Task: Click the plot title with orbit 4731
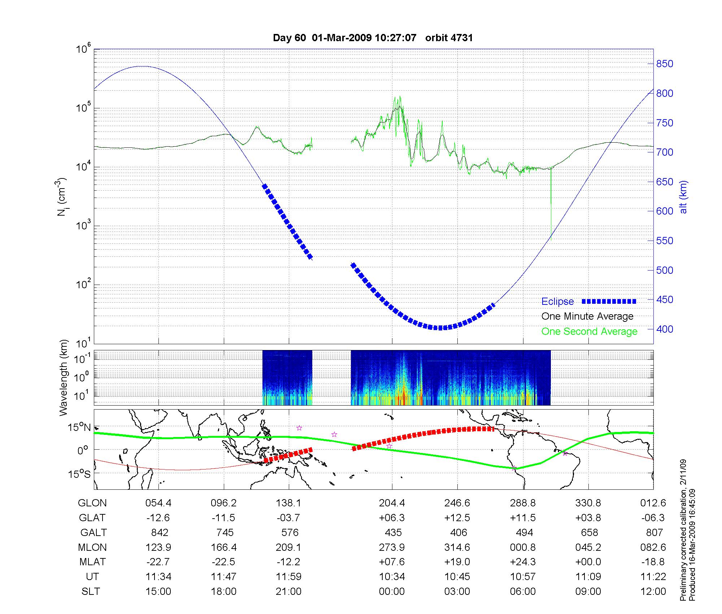pyautogui.click(x=373, y=38)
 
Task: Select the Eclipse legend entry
pyautogui.click(x=557, y=302)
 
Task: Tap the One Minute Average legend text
pyautogui.click(x=587, y=316)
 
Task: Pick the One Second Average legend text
pyautogui.click(x=589, y=332)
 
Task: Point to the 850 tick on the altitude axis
pyautogui.click(x=665, y=64)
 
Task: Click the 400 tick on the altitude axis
pyautogui.click(x=665, y=329)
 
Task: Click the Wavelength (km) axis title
pyautogui.click(x=64, y=377)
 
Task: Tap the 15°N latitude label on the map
pyautogui.click(x=79, y=428)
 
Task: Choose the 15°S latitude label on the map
pyautogui.click(x=79, y=474)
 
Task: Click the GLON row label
pyautogui.click(x=92, y=503)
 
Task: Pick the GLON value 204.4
pyautogui.click(x=392, y=503)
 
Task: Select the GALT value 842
pyautogui.click(x=160, y=532)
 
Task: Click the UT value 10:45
pyautogui.click(x=457, y=577)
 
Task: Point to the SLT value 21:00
pyautogui.click(x=289, y=592)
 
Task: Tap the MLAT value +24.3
pyautogui.click(x=523, y=562)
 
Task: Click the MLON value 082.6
pyautogui.click(x=653, y=547)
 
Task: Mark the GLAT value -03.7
pyautogui.click(x=289, y=518)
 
